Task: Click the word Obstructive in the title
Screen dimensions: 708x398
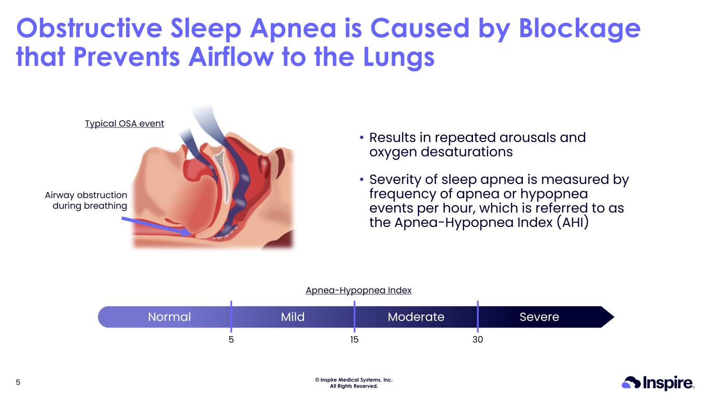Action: pos(89,28)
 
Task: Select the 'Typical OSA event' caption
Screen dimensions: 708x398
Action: pos(124,123)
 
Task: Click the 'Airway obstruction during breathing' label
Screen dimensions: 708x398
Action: pos(86,200)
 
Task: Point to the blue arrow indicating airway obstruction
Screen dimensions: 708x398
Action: pos(157,226)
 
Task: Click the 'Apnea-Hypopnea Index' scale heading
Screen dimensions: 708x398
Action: pos(358,290)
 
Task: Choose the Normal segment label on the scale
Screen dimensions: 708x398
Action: pos(170,317)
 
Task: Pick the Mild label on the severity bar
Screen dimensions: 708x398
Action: pos(293,317)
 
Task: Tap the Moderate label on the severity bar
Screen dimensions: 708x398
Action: pos(416,317)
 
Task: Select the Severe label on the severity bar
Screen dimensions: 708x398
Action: pos(539,317)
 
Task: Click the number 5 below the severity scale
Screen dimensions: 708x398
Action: pos(231,339)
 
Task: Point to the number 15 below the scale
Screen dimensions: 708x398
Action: pos(354,339)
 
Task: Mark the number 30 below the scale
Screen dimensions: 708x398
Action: pos(478,339)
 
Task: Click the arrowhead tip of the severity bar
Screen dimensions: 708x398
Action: pos(614,317)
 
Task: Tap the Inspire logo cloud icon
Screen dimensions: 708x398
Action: pos(631,382)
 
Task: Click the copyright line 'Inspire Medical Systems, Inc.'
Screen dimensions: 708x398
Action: pos(354,380)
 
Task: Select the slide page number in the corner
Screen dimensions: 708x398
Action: pos(18,382)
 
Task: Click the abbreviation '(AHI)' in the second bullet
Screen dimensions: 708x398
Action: pos(573,222)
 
